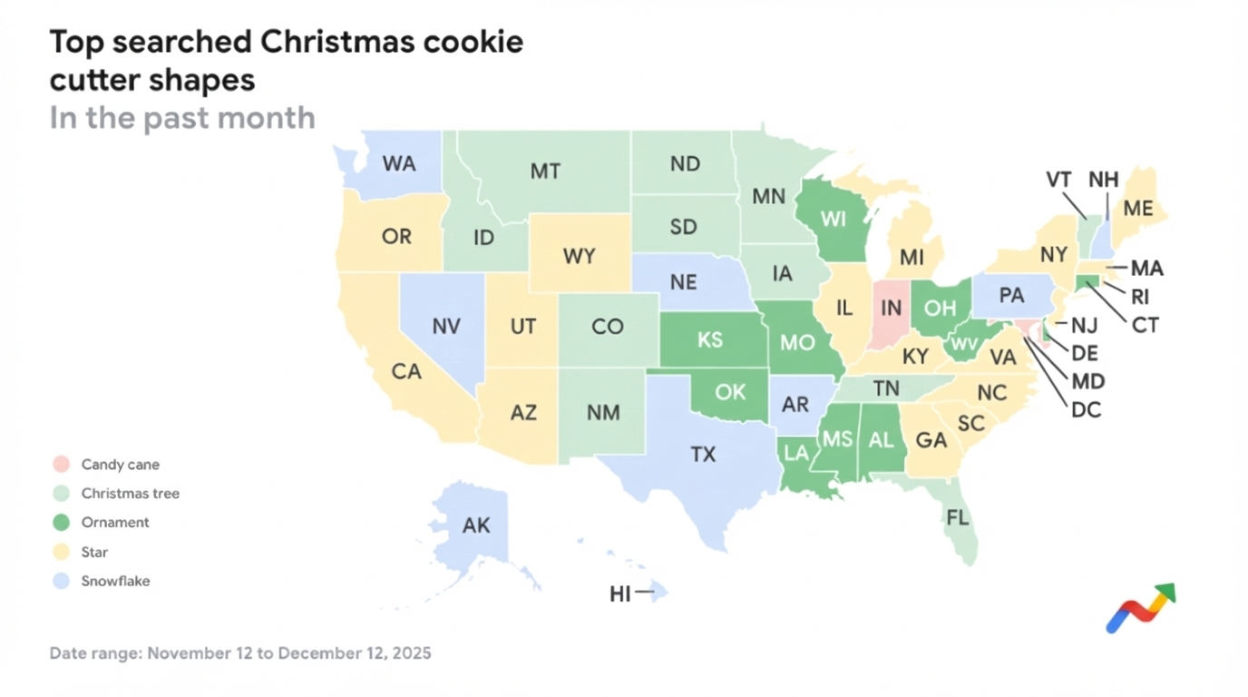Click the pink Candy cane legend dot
(x=61, y=465)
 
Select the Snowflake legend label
(x=115, y=581)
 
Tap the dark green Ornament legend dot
(x=61, y=523)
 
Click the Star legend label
(x=94, y=552)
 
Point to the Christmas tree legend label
(x=130, y=494)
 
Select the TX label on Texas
(x=703, y=455)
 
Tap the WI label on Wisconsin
(x=834, y=219)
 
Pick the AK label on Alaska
(x=476, y=526)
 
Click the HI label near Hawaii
(x=620, y=594)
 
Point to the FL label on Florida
(x=958, y=518)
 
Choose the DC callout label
(x=1086, y=410)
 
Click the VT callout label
(x=1058, y=180)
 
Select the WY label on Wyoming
(x=580, y=256)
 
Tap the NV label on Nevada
(x=446, y=326)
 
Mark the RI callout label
(x=1139, y=297)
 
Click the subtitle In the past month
(x=182, y=118)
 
